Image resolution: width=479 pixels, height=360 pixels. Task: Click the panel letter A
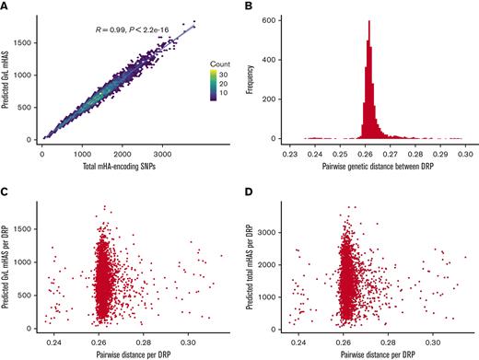coord(6,7)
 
